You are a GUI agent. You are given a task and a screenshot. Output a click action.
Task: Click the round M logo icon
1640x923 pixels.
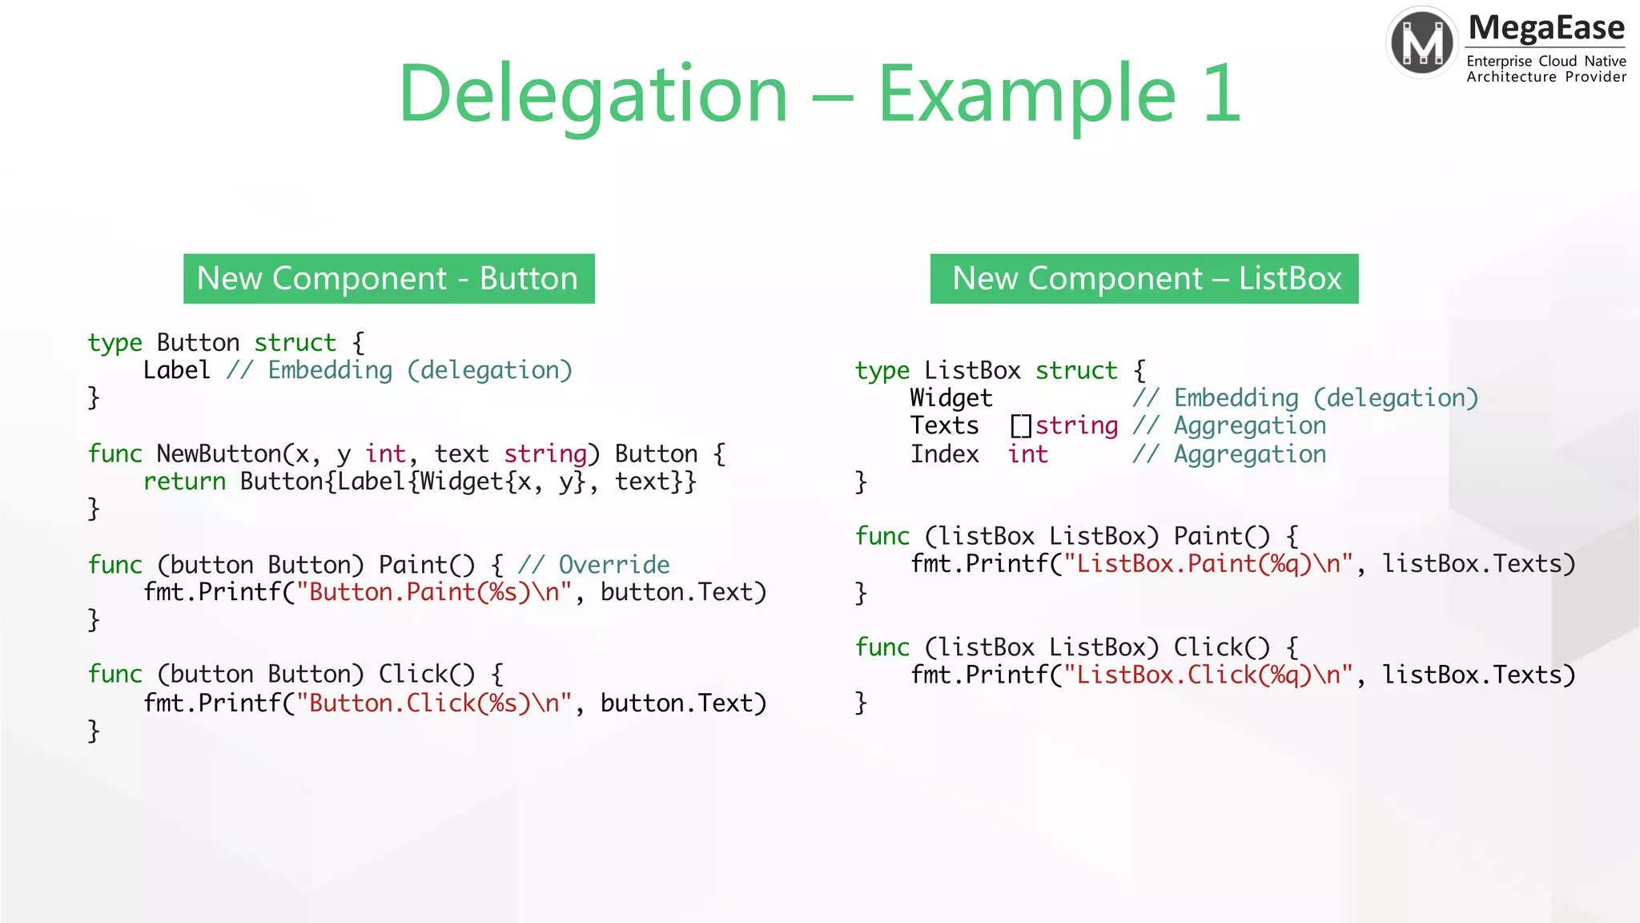(1422, 42)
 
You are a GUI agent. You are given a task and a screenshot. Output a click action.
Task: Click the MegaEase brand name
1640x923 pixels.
(1546, 28)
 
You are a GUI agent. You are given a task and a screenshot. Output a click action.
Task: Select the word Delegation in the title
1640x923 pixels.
(593, 94)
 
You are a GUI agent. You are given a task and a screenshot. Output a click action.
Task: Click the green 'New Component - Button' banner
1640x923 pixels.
(388, 279)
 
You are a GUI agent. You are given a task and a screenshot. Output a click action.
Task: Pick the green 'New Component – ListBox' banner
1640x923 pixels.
(1144, 279)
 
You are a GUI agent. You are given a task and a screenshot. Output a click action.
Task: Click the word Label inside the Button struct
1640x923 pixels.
(176, 370)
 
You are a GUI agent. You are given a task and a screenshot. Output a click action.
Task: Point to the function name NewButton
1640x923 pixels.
(219, 453)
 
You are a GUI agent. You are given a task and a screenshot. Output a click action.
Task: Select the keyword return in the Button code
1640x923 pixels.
(184, 482)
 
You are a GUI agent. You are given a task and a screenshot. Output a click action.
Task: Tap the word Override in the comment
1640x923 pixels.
(613, 565)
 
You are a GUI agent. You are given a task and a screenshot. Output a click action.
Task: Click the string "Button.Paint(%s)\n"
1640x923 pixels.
(434, 592)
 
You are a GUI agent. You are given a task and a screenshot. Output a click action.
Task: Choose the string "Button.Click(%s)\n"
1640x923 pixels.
(434, 703)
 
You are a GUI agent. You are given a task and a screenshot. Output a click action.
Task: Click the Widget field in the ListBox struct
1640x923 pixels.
(951, 398)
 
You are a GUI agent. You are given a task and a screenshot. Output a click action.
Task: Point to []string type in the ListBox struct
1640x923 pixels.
(1063, 425)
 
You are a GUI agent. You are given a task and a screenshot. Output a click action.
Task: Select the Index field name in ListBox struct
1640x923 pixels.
(944, 454)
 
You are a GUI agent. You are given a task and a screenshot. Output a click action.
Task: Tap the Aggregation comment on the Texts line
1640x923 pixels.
(1249, 425)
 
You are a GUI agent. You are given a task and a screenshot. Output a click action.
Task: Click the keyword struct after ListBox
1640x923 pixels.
(1075, 370)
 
